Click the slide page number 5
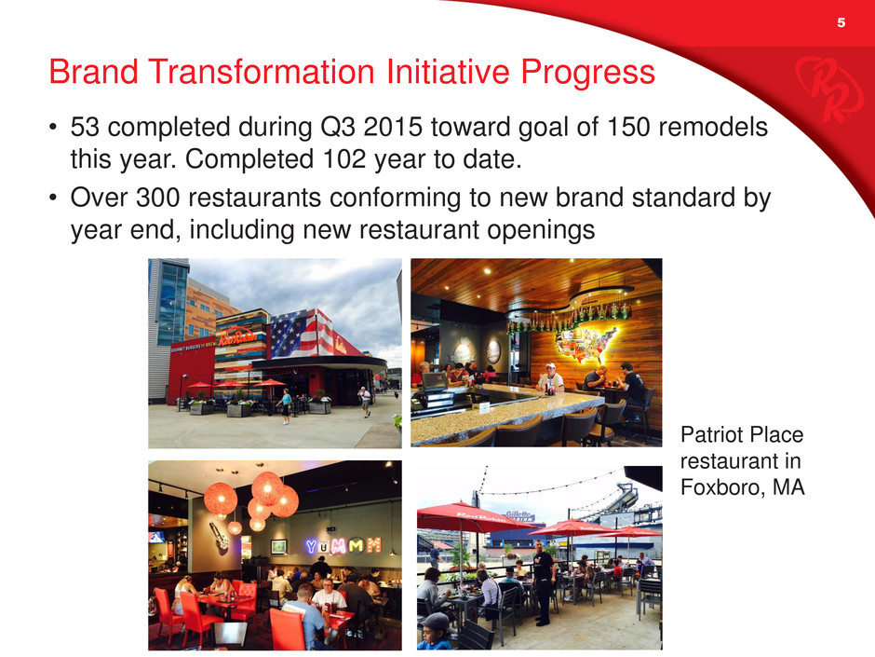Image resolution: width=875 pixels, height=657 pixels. point(841,23)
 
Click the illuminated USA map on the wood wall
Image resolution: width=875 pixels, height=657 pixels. point(585,344)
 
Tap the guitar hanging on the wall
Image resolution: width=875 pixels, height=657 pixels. point(218,535)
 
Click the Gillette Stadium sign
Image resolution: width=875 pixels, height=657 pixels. point(519,516)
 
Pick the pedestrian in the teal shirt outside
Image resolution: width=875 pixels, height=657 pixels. point(286,406)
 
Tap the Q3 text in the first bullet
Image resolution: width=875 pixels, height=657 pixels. point(338,128)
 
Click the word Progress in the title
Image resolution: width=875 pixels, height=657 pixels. point(587,73)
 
